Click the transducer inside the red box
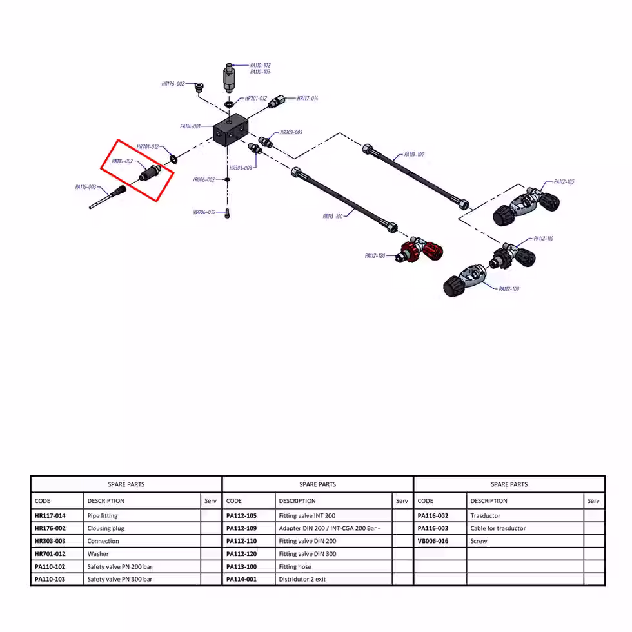(x=150, y=173)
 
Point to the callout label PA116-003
(x=86, y=187)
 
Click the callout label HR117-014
(x=307, y=99)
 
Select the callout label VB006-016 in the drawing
(x=204, y=212)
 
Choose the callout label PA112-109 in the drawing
(x=509, y=289)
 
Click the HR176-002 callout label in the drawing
(x=173, y=84)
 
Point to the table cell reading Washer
(x=98, y=554)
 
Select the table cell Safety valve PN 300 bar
(x=120, y=579)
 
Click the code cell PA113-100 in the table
(x=241, y=567)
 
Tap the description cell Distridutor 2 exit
(x=302, y=579)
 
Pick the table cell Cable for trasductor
(x=498, y=529)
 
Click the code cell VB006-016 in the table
(x=433, y=541)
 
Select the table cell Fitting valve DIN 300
(x=307, y=554)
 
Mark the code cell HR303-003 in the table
(x=50, y=541)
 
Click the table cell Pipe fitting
(x=103, y=516)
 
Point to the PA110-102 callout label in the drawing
(x=261, y=66)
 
